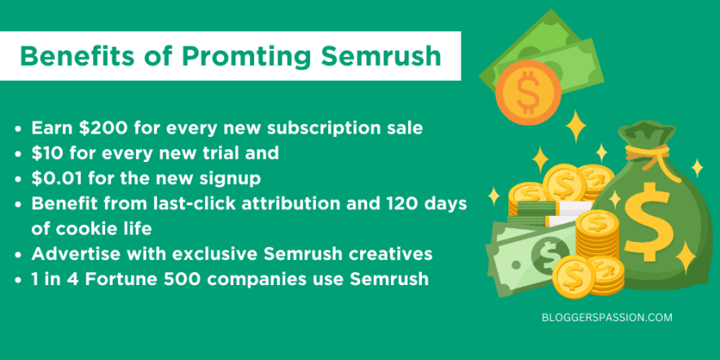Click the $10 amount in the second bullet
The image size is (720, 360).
point(46,152)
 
